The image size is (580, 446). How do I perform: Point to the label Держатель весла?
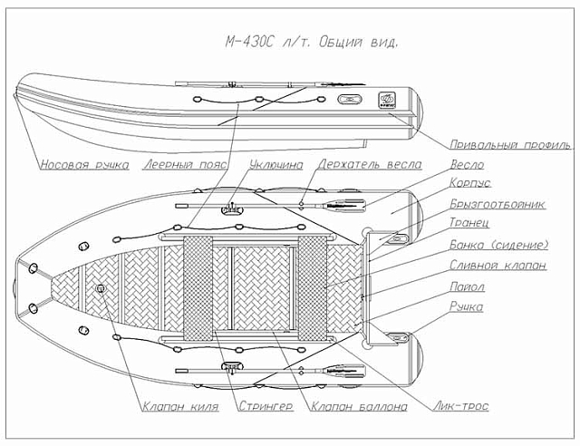pos(369,165)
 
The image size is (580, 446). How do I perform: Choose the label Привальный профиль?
pos(510,144)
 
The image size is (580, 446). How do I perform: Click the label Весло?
pos(466,165)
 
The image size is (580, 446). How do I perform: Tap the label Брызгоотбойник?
pos(498,205)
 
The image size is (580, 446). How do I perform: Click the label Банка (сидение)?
pos(499,245)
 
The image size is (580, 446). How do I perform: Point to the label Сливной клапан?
pos(498,266)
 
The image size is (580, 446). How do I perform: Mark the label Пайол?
pos(468,286)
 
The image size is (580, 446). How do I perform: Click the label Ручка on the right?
pos(467,307)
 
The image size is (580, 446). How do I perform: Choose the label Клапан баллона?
pos(359,408)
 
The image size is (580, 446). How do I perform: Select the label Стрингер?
pos(266,408)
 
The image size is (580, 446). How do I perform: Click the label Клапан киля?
pos(181,408)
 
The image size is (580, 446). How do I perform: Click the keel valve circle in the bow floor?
pos(100,289)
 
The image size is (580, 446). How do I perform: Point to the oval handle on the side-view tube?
pos(346,101)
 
